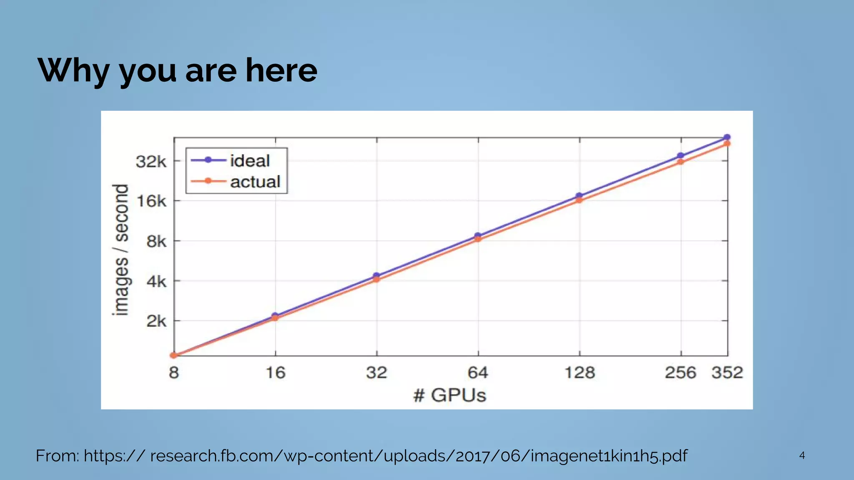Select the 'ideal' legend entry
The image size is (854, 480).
[x=249, y=160]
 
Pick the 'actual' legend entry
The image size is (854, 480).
[x=255, y=182]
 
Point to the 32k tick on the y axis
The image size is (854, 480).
[x=151, y=161]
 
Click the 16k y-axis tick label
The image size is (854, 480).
[x=151, y=201]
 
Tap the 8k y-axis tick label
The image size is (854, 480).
[x=156, y=241]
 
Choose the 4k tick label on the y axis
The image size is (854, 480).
[x=156, y=282]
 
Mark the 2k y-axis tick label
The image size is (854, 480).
[x=156, y=321]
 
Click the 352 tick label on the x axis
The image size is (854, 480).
[x=727, y=372]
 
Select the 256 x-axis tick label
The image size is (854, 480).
[x=680, y=372]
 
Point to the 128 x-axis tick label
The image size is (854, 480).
[x=579, y=372]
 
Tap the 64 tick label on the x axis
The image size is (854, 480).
[x=478, y=372]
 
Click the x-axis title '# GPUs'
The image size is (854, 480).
[x=450, y=395]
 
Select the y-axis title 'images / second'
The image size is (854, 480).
[x=121, y=250]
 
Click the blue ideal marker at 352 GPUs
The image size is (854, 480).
[x=727, y=137]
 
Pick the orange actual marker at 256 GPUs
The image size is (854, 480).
[x=681, y=162]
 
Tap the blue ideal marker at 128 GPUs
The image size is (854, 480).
[x=579, y=195]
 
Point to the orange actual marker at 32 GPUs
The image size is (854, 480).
[x=377, y=279]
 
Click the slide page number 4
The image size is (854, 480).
[x=802, y=455]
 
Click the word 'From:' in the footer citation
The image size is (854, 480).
[x=57, y=456]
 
